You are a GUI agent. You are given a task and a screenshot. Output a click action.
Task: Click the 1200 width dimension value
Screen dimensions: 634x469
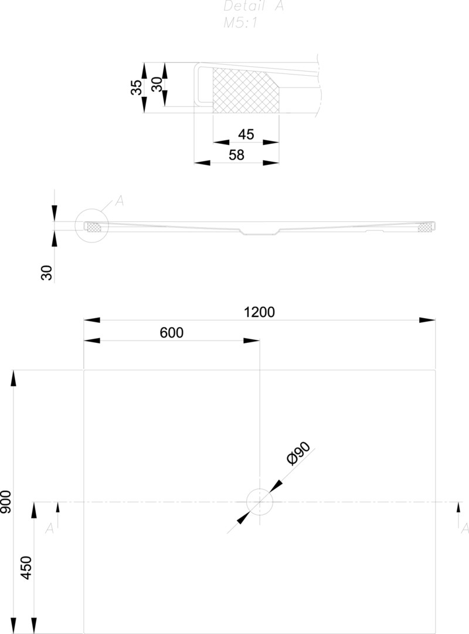pos(259,312)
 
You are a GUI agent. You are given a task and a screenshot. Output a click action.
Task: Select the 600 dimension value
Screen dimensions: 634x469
pos(171,333)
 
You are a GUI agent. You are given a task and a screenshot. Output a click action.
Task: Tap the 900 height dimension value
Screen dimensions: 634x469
pos(6,502)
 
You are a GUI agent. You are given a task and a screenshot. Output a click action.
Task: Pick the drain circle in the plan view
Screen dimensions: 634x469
pos(259,502)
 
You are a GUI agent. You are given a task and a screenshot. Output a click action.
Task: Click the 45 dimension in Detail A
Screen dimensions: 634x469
pos(246,134)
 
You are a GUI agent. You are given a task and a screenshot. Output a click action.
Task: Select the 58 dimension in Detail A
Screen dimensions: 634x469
pos(236,155)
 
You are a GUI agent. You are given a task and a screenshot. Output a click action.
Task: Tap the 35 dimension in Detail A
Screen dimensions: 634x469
pos(136,88)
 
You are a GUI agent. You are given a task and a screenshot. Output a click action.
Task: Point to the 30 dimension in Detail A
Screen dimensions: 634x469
pos(156,85)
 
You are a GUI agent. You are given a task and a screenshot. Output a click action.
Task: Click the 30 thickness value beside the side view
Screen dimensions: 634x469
pos(47,272)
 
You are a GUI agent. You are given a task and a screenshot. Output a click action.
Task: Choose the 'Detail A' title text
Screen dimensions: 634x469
pos(253,6)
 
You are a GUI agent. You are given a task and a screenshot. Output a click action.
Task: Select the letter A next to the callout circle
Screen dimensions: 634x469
pos(120,201)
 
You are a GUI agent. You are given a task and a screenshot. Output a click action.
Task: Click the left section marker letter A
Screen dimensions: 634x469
pos(50,528)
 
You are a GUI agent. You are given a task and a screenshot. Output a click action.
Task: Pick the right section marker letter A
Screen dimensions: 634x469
pos(464,528)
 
